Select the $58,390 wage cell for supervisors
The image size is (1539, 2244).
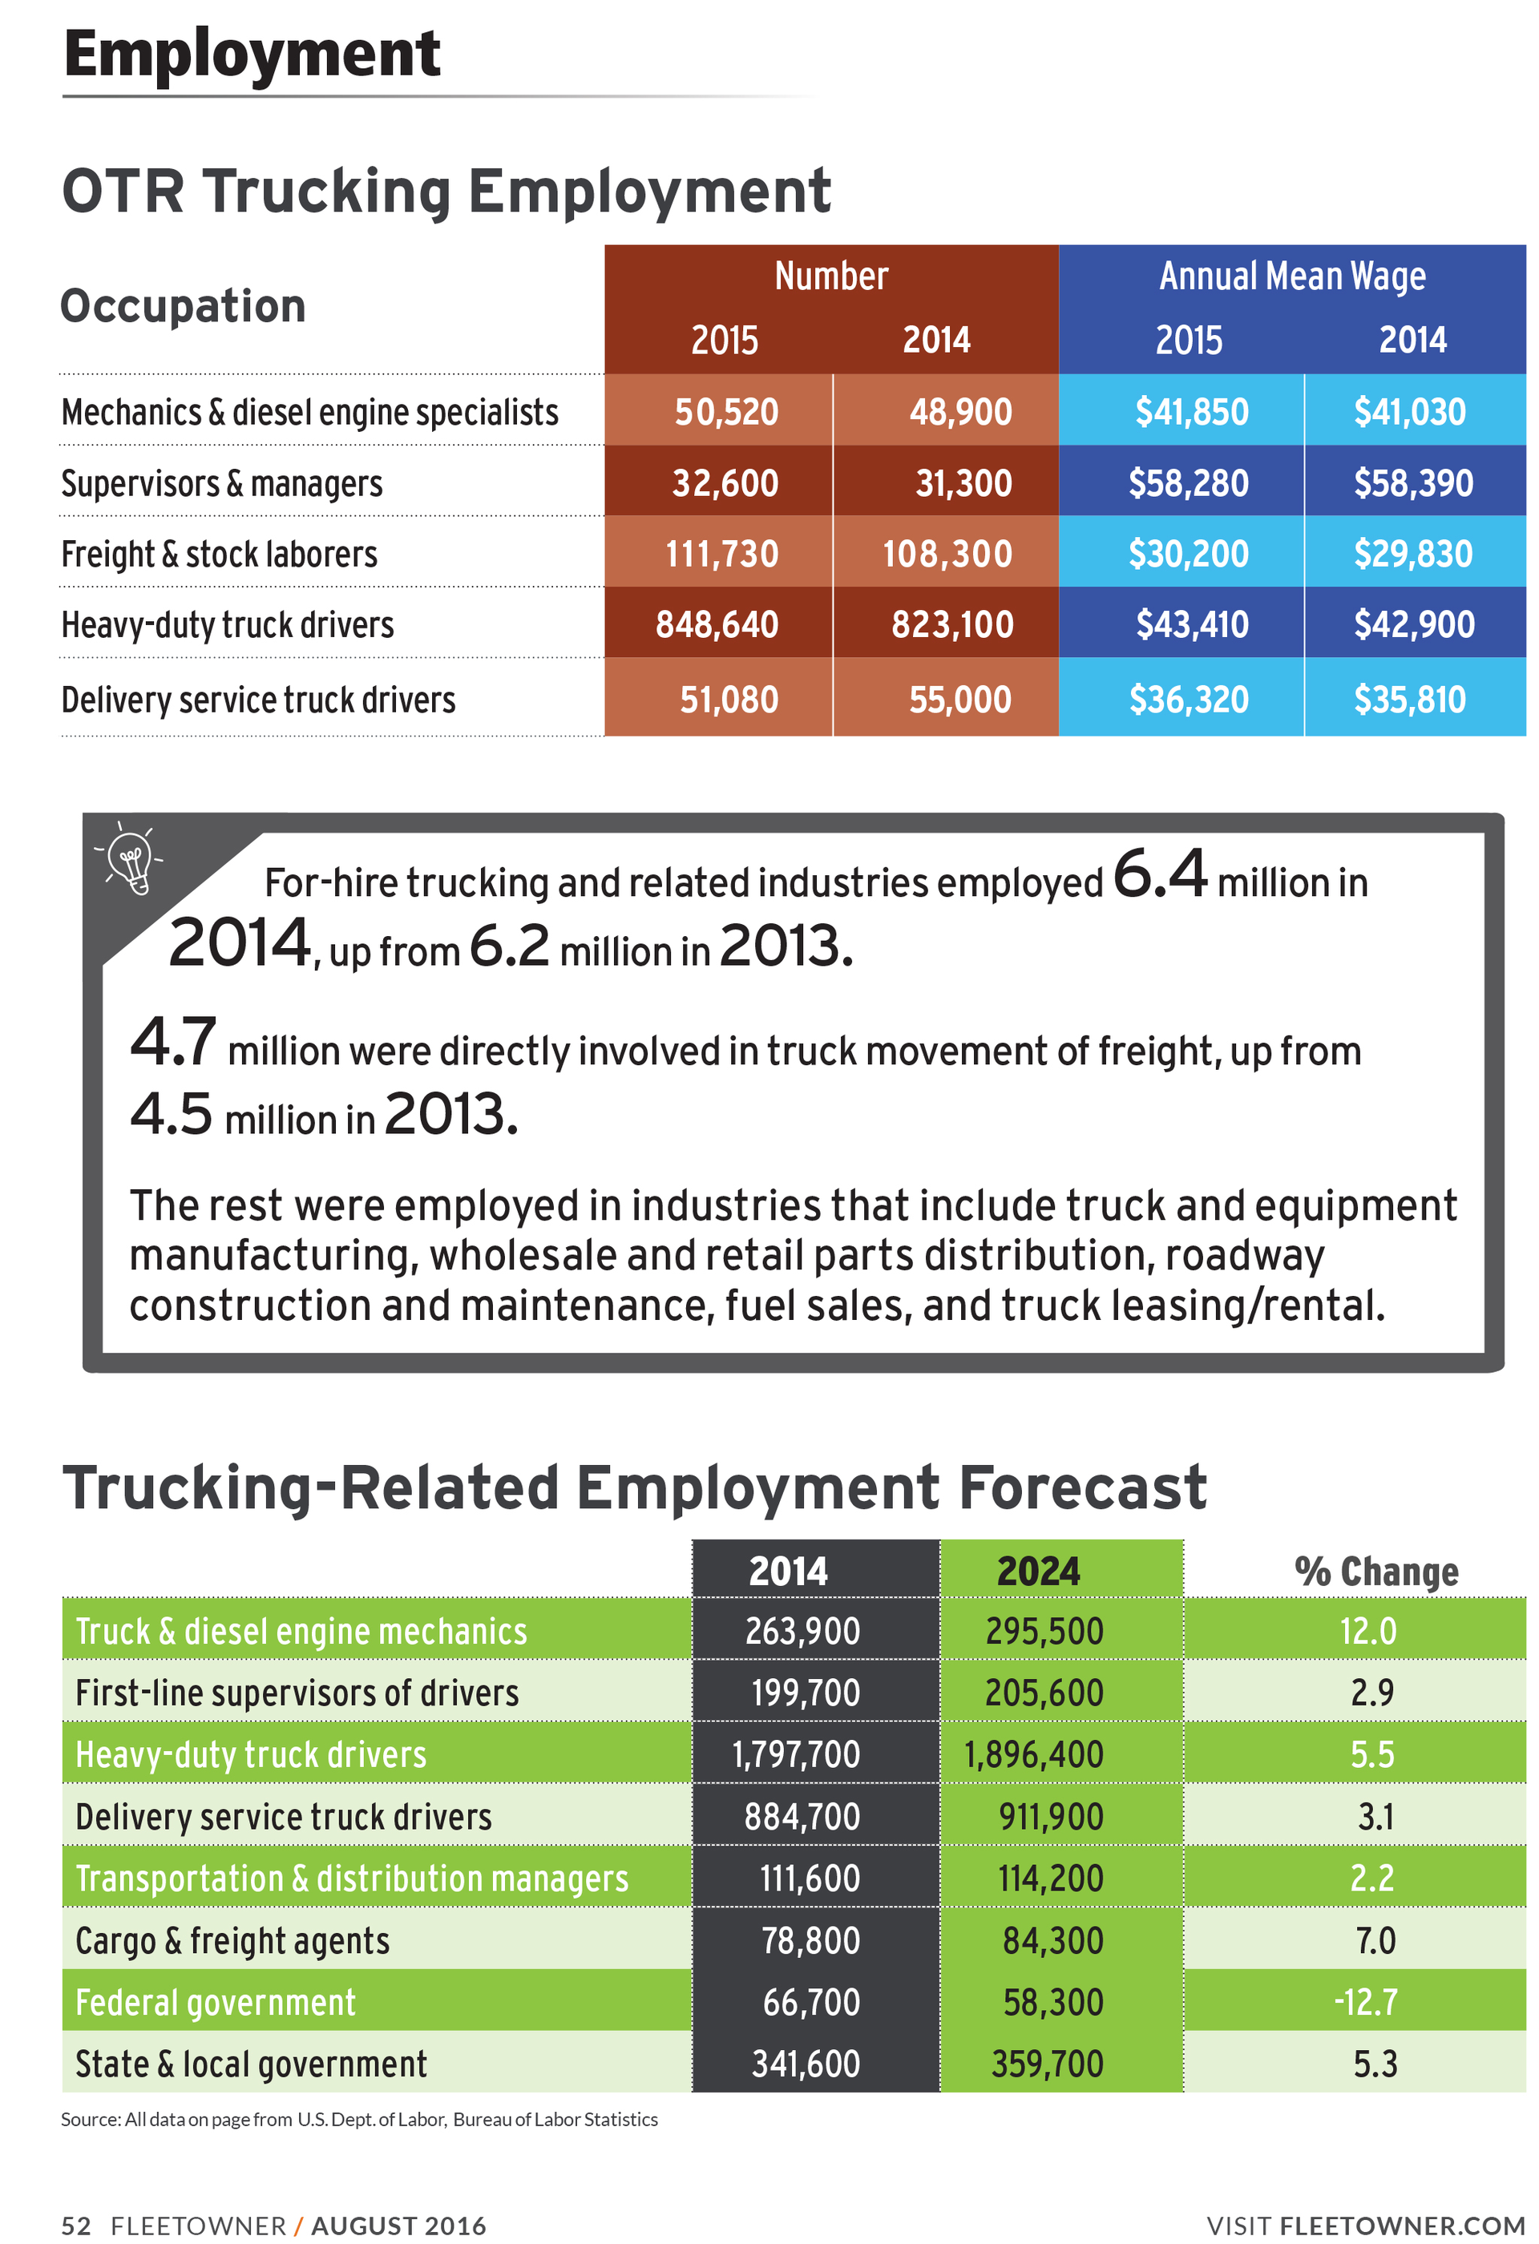coord(1412,482)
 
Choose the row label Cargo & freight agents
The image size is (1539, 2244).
coord(232,1939)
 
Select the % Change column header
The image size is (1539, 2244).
coord(1375,1571)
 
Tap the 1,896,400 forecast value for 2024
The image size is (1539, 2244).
coord(1033,1754)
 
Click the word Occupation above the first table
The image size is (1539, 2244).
coord(184,306)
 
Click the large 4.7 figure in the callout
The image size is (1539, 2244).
coord(173,1042)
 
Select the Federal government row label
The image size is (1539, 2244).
coord(216,2002)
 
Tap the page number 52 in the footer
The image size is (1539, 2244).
coord(75,2225)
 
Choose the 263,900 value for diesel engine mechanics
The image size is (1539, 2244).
coord(802,1631)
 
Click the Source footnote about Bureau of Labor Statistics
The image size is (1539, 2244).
coord(359,2118)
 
